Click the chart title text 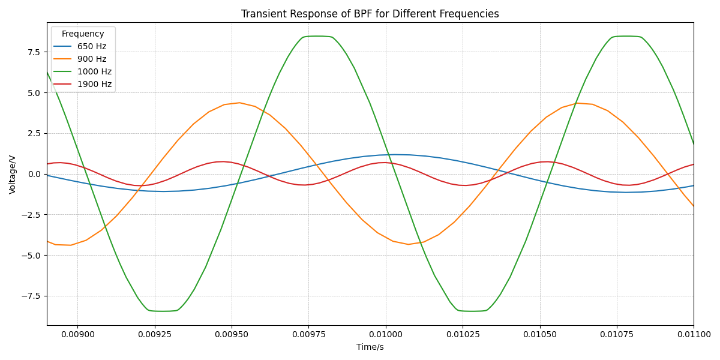[370, 14]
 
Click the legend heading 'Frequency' [83, 34]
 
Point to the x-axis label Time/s [370, 347]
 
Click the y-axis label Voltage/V [13, 174]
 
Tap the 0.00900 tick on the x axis [77, 335]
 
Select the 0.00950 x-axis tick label [231, 335]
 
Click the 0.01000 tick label [385, 335]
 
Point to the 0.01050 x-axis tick [539, 335]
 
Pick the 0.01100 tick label [694, 335]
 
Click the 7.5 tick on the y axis [33, 52]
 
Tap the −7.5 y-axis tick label [31, 296]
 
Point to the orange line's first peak [239, 103]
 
